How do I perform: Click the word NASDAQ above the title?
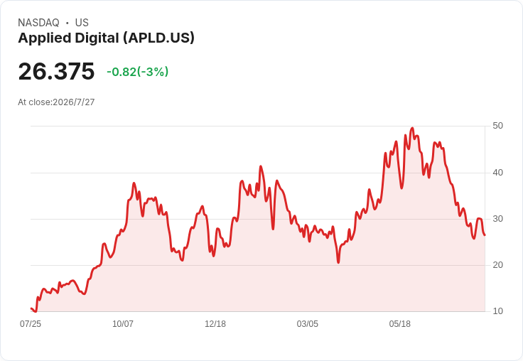click(x=38, y=23)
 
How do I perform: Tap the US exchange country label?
click(x=82, y=23)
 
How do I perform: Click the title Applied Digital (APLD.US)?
click(x=106, y=38)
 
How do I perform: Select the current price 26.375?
click(x=56, y=71)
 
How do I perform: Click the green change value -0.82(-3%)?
click(x=137, y=72)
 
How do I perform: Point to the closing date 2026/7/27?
click(x=74, y=102)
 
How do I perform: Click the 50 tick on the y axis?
click(x=497, y=126)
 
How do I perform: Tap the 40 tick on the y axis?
click(x=497, y=173)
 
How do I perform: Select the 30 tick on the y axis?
click(x=497, y=219)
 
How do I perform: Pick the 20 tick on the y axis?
click(x=497, y=265)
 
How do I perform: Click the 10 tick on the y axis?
click(x=497, y=311)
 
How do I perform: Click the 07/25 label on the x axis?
click(x=31, y=324)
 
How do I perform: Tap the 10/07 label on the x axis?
click(x=123, y=324)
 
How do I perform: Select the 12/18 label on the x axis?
click(x=215, y=324)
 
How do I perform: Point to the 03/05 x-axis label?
click(x=308, y=324)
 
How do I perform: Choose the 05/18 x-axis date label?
click(x=400, y=324)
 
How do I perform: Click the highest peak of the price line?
click(x=413, y=128)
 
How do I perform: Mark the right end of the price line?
click(x=485, y=235)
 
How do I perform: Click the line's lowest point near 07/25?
click(x=36, y=312)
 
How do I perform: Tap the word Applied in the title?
click(x=45, y=38)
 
